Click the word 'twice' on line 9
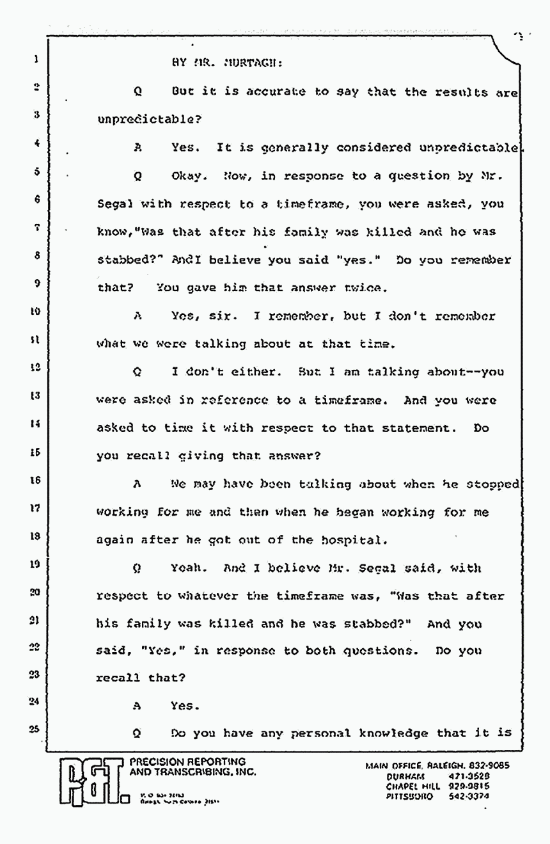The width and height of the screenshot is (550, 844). [368, 287]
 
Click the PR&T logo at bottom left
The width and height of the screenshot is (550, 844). [91, 780]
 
